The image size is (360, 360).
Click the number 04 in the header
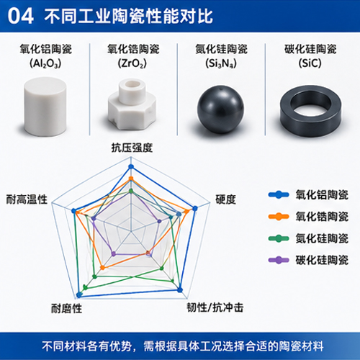[20, 17]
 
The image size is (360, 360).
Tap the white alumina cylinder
[45, 107]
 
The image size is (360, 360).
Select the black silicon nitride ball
[220, 109]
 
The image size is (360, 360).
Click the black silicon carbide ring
[311, 111]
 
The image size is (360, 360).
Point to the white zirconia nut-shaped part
[132, 104]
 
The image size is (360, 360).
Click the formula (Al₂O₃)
[45, 63]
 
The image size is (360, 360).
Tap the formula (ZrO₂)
[132, 63]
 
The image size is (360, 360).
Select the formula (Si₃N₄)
[221, 63]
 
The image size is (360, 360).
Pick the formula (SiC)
[310, 63]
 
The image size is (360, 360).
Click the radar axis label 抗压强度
[132, 148]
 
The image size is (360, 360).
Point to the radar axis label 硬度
[225, 199]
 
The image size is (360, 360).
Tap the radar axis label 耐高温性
[27, 199]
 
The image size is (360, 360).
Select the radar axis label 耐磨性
[66, 308]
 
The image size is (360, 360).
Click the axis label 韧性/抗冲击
[215, 307]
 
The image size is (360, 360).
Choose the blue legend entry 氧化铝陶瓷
[308, 194]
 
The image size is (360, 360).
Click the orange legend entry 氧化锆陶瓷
[308, 217]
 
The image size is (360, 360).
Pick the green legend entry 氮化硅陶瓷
[308, 238]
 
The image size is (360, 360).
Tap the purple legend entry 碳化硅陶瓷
[308, 260]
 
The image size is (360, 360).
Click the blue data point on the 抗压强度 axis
[131, 166]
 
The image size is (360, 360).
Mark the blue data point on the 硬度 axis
[195, 208]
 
